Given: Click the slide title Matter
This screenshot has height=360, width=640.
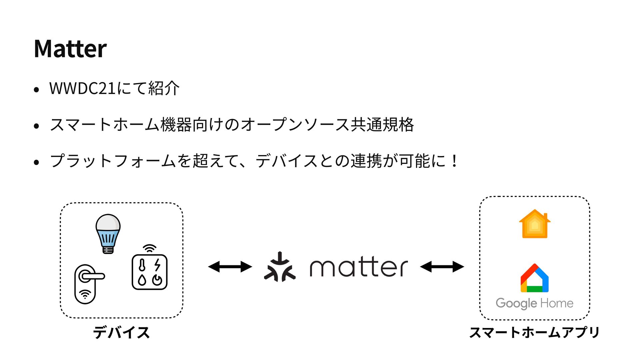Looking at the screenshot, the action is [70, 49].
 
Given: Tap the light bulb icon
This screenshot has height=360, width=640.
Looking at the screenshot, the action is [108, 234].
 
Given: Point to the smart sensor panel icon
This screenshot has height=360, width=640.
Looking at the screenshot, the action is [150, 272].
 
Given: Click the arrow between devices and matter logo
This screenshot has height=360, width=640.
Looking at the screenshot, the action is [230, 267].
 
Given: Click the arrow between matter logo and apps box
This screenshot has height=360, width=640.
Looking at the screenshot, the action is [442, 267].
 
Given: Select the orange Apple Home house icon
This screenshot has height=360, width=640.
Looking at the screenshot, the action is [535, 224].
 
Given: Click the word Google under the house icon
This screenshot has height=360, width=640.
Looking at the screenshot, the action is [516, 303].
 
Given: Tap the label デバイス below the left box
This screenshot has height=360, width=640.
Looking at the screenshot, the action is [121, 332].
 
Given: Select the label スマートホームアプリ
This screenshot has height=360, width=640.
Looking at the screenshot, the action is [534, 332].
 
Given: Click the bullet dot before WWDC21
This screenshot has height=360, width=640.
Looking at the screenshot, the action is [37, 89].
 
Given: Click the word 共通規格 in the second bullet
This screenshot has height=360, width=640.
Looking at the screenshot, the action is [382, 125].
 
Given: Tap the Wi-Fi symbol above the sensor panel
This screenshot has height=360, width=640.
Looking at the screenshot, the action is [150, 249].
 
